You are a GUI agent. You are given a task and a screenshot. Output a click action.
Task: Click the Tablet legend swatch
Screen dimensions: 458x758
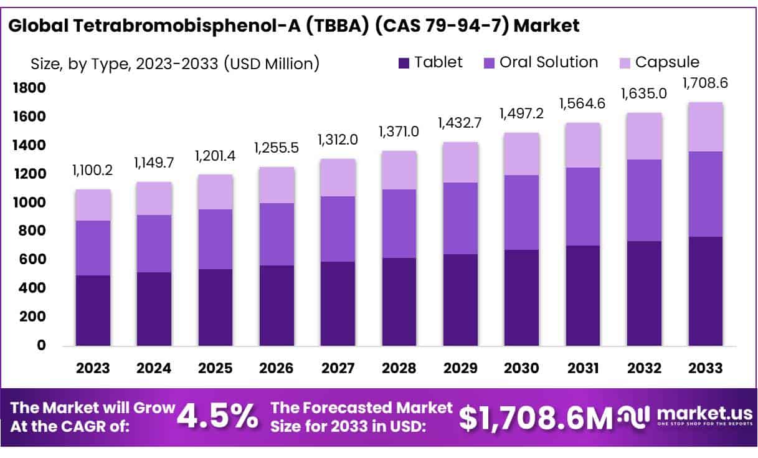coord(404,63)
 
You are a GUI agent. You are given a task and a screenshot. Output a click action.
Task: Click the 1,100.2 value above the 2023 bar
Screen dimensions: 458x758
coord(93,169)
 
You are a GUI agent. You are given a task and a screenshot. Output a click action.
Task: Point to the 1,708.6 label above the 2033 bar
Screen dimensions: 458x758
coord(705,82)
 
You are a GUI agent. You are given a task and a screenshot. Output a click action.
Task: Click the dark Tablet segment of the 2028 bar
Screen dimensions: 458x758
coord(399,302)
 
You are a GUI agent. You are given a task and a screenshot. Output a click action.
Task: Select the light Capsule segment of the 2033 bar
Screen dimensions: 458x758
coord(705,126)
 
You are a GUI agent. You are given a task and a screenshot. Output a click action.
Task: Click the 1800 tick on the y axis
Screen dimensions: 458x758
coord(29,88)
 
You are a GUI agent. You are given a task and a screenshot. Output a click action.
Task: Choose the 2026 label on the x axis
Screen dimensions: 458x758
coord(277,368)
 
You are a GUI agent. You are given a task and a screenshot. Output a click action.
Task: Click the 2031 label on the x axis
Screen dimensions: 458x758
coord(583,368)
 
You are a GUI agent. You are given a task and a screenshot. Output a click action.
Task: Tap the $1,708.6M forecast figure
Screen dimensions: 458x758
coord(536,418)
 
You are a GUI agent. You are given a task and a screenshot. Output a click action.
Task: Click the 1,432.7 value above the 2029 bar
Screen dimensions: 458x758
coord(460,122)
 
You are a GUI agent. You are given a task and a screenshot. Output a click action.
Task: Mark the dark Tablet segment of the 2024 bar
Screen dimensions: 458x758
coord(154,309)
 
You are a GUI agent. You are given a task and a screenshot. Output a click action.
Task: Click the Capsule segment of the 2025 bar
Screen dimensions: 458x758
coord(216,192)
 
